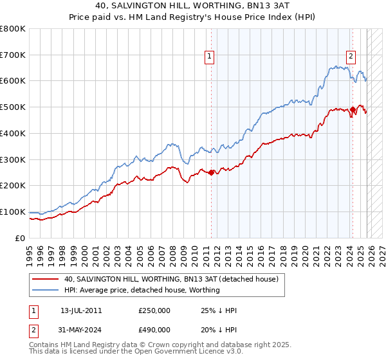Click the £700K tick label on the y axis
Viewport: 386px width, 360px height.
(13, 55)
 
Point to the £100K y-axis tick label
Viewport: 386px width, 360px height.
(13, 212)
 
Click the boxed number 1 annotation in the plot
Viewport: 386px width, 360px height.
(210, 57)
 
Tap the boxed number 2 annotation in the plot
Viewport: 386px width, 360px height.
(351, 57)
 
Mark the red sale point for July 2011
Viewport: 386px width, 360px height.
(212, 172)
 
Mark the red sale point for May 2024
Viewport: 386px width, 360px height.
(353, 110)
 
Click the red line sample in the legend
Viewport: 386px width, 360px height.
(46, 280)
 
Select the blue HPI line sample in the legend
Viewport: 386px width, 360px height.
(46, 291)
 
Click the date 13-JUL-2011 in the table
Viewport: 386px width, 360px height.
(81, 310)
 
